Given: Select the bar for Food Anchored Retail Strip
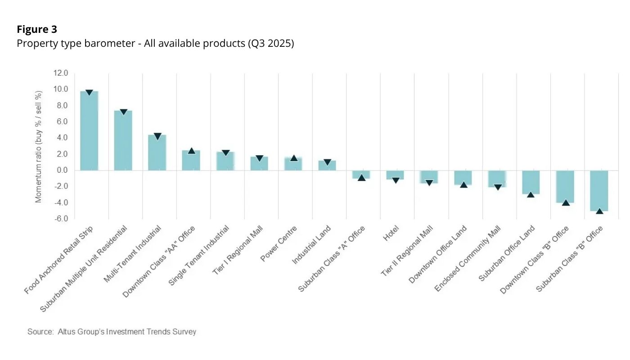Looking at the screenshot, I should click(89, 130).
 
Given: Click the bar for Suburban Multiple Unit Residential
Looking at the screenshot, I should click(123, 140).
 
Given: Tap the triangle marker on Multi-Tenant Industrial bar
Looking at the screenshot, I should click(157, 136).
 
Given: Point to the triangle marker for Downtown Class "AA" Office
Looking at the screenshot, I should click(191, 151).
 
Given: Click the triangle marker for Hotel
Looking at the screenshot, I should click(396, 180).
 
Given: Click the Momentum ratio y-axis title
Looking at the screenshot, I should click(39, 146).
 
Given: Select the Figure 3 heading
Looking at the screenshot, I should click(37, 29).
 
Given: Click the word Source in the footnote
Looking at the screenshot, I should click(40, 332).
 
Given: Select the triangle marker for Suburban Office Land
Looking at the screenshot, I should click(531, 194).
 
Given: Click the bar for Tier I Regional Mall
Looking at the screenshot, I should click(259, 163).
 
